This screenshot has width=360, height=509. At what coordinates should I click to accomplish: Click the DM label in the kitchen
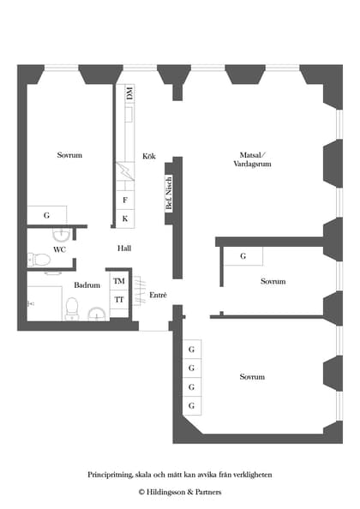[x=129, y=93]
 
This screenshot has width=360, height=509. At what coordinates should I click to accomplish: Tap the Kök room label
[x=149, y=156]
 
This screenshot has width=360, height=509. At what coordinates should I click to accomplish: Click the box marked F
[x=125, y=201]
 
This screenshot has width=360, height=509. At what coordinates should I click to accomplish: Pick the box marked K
[x=125, y=219]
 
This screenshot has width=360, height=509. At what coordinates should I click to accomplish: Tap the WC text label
[x=59, y=249]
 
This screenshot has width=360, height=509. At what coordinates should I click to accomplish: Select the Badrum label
[x=87, y=284]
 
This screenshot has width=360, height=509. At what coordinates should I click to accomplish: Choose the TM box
[x=118, y=281]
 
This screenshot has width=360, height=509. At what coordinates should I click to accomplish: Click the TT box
[x=118, y=300]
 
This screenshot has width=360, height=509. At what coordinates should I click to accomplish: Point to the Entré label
[x=158, y=295]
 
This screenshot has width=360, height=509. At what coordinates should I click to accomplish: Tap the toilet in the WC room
[x=39, y=260]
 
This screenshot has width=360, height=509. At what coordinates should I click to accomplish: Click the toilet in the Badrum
[x=72, y=306]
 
